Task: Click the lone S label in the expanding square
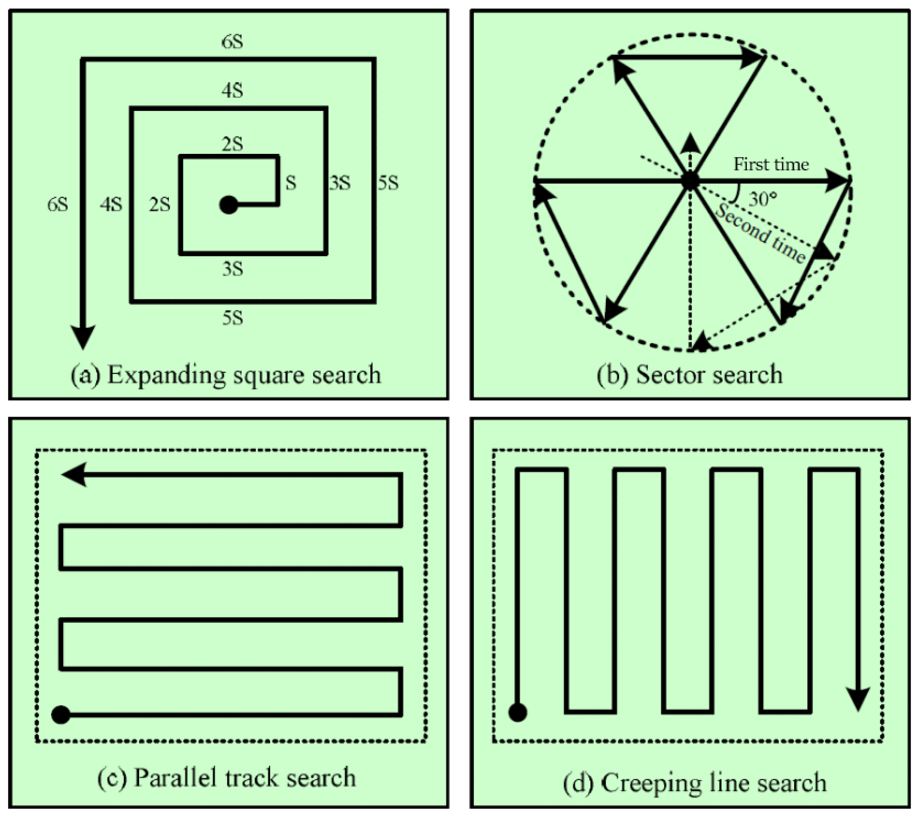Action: tap(291, 183)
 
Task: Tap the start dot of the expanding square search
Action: tap(228, 205)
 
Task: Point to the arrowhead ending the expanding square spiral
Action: tap(83, 336)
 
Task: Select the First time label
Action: tap(771, 164)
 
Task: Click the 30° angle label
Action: tap(763, 198)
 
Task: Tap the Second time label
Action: tap(760, 234)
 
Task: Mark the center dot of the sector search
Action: tap(690, 181)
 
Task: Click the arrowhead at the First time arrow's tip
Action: tap(837, 181)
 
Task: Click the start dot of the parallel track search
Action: tap(61, 715)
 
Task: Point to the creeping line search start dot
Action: tap(517, 713)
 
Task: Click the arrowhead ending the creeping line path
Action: tap(859, 699)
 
